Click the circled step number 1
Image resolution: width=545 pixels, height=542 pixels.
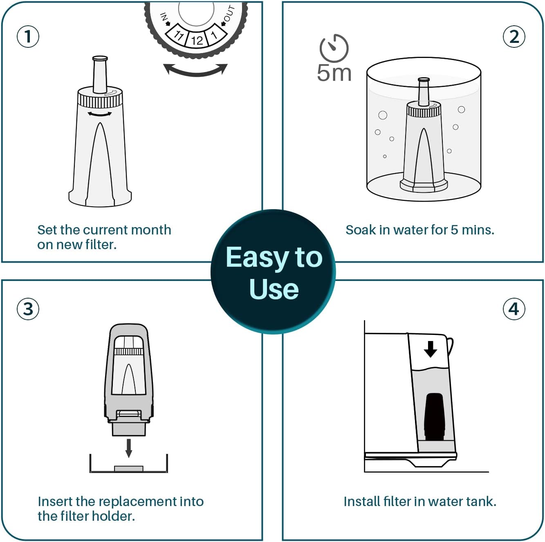pos(28,36)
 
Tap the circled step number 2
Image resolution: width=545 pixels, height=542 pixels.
pos(514,37)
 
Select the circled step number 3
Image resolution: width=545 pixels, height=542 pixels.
pos(28,309)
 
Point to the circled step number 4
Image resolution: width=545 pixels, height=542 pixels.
pos(514,309)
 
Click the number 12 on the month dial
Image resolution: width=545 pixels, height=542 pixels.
pos(197,40)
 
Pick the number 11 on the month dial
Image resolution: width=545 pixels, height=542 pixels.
pos(179,35)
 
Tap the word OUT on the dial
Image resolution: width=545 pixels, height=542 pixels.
pos(229,14)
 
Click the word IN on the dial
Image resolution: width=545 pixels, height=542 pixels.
pos(164,17)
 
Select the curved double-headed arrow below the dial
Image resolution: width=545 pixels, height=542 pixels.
pos(195,70)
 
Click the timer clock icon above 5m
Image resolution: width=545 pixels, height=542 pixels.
pos(334,48)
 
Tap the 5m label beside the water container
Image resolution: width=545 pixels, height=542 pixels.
pos(334,73)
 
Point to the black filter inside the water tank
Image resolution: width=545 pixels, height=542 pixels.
pos(434,417)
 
